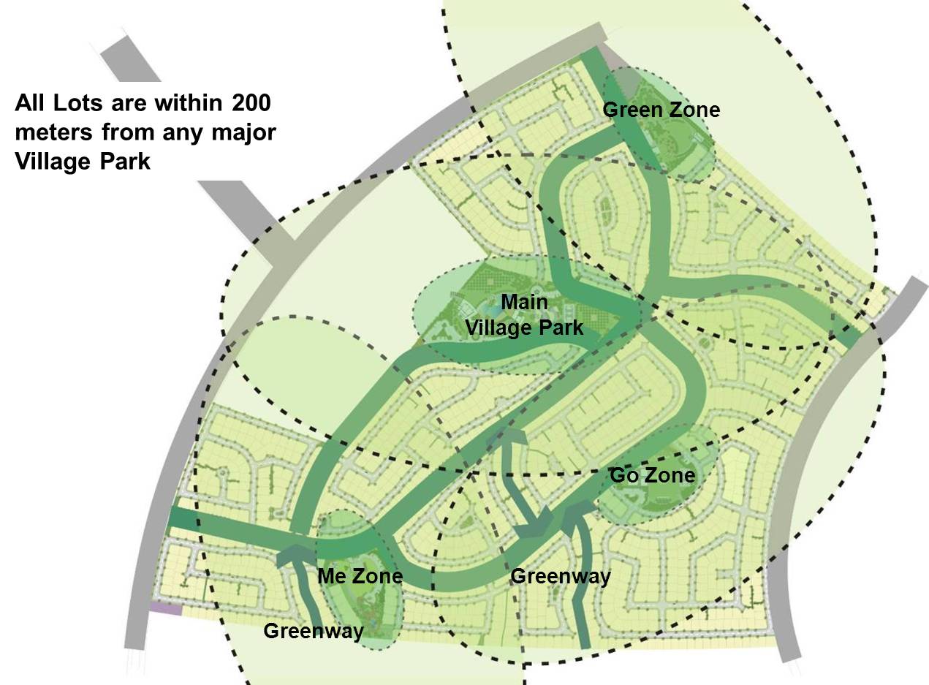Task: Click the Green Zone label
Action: [661, 110]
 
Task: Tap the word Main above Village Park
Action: [525, 302]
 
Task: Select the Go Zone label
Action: [652, 476]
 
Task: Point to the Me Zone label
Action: [360, 576]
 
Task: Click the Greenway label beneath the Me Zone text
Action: [314, 631]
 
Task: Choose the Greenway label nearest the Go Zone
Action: [561, 577]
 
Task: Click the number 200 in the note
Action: [251, 103]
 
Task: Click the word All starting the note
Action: [31, 103]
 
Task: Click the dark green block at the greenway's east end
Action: [848, 333]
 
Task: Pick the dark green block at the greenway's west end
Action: [183, 518]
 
